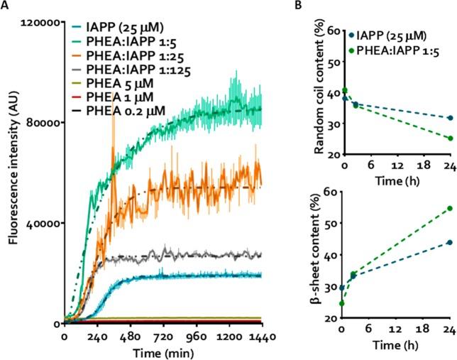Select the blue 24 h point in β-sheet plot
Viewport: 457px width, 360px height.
click(450, 242)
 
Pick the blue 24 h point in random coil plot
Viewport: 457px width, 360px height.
click(450, 118)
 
